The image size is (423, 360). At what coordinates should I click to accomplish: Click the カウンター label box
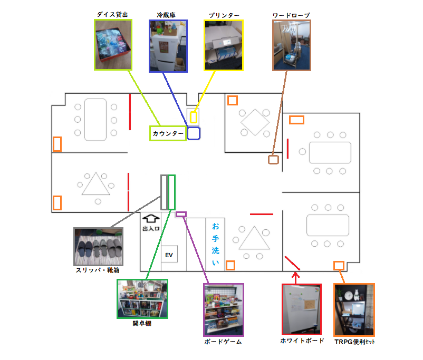click(168, 133)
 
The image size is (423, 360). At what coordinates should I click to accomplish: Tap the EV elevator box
click(169, 254)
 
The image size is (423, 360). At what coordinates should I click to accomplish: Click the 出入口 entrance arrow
click(151, 218)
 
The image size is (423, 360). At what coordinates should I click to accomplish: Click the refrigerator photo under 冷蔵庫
click(168, 46)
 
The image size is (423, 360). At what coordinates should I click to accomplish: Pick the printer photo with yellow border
click(224, 45)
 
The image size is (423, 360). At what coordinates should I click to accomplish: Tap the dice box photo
click(113, 45)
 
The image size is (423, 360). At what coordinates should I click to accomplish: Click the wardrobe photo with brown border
click(291, 45)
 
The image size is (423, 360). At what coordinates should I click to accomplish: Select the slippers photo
click(99, 247)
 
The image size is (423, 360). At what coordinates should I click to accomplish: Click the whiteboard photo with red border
click(302, 309)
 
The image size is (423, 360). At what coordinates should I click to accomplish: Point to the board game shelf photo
click(224, 310)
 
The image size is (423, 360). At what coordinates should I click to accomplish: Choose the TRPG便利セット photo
click(354, 310)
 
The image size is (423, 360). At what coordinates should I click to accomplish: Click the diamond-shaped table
click(255, 122)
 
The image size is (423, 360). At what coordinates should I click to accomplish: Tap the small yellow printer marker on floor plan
click(193, 117)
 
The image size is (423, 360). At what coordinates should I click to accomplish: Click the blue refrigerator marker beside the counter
click(194, 133)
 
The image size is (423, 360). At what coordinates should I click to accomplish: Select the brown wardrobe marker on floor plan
click(273, 159)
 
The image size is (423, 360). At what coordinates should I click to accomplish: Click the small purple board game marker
click(181, 215)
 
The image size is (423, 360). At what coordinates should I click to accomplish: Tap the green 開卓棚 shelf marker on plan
click(171, 192)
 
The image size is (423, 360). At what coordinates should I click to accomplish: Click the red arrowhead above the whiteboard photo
click(296, 275)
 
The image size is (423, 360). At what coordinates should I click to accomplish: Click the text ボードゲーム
click(223, 342)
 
